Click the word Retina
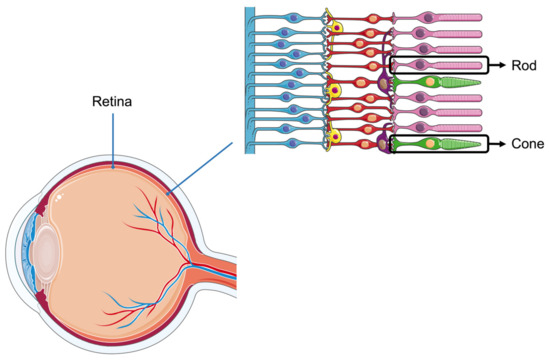112,101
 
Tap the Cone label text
526,144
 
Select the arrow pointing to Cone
499,144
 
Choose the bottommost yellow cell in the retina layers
337,137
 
